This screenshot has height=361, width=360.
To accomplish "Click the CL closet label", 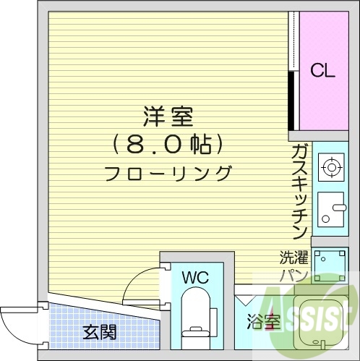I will [x=322, y=71].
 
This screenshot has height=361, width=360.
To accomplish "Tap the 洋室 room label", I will [x=168, y=116].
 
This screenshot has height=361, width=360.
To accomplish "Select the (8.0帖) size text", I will [x=167, y=144].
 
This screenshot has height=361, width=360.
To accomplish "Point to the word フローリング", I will [x=168, y=174].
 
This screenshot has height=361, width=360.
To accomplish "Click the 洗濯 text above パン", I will [x=294, y=258].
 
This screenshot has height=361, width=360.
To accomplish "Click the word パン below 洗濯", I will [x=294, y=275].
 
